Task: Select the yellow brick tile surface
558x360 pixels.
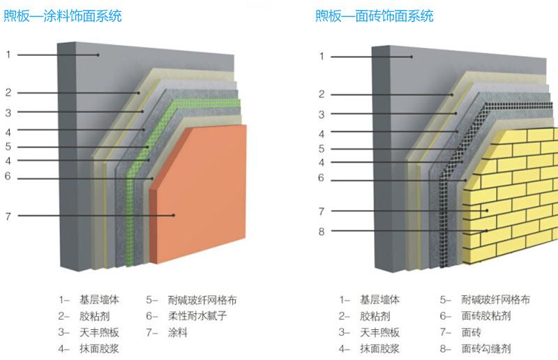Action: click(516, 195)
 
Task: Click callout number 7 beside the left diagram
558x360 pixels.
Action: click(8, 216)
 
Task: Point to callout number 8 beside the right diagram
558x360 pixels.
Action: click(322, 232)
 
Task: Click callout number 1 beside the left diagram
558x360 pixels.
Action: click(8, 54)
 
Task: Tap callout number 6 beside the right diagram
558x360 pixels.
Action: click(322, 178)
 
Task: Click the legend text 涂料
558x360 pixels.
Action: click(179, 333)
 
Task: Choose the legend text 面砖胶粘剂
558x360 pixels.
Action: click(487, 316)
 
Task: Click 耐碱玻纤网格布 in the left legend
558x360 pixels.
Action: click(203, 300)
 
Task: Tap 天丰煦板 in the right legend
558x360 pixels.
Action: click(380, 333)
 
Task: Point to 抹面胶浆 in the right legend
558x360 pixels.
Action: click(380, 349)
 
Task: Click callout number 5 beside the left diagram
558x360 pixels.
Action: click(8, 147)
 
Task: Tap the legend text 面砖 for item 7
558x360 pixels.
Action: click(472, 333)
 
